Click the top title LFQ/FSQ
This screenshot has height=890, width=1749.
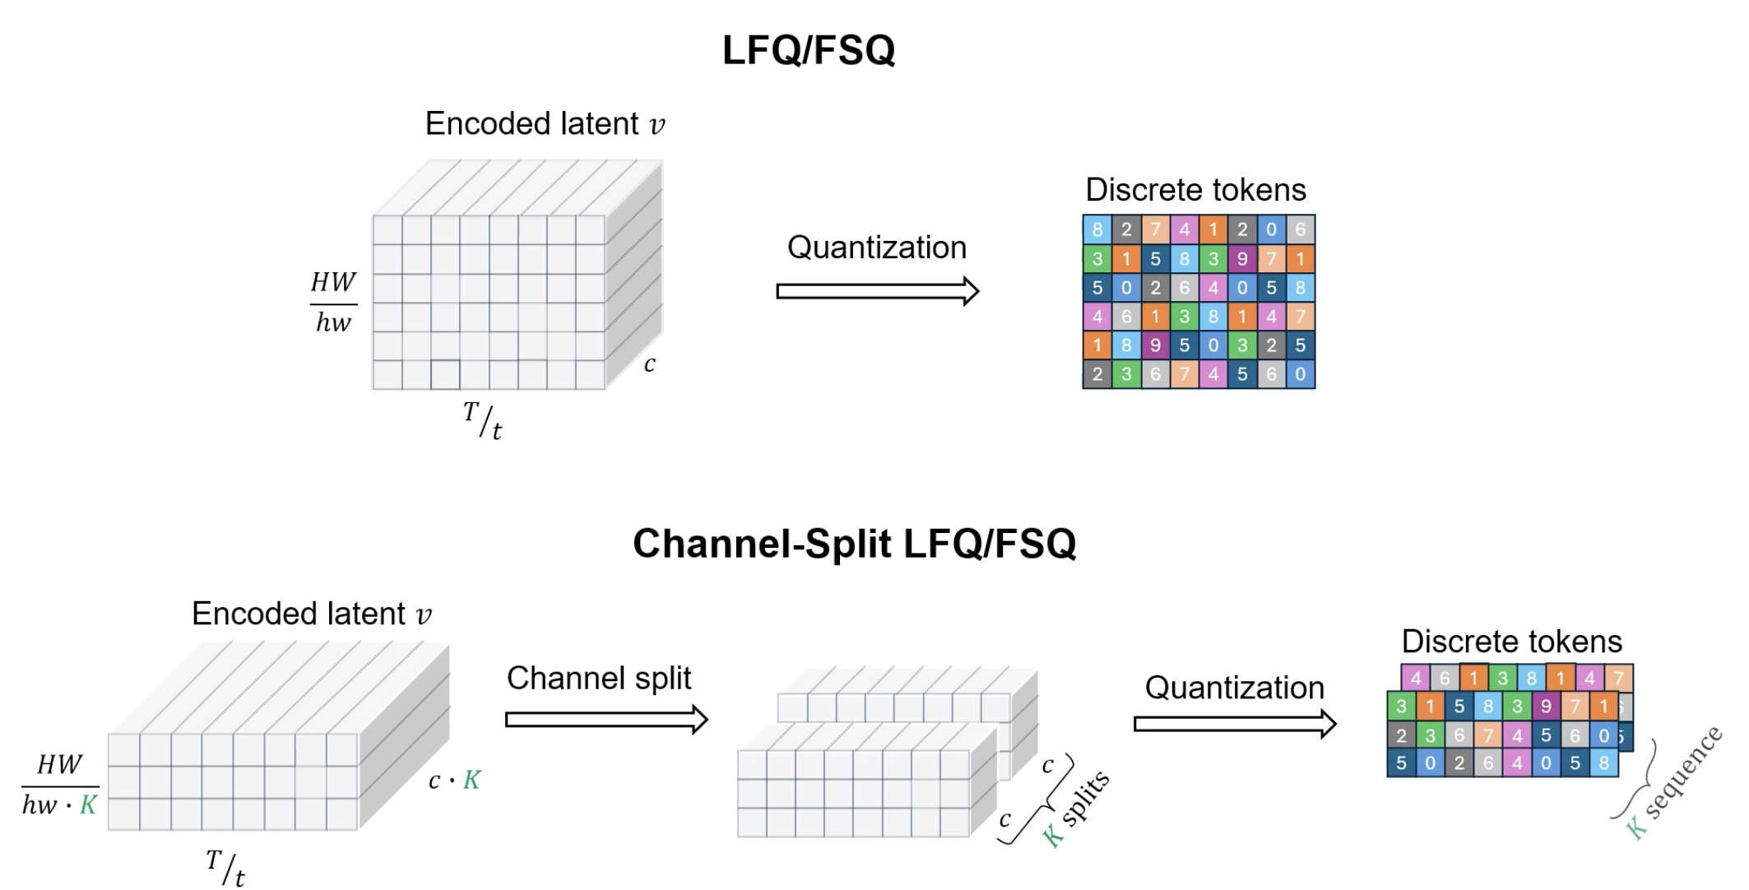(x=808, y=50)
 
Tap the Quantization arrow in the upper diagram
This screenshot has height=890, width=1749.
(x=877, y=291)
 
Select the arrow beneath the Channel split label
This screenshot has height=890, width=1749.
(x=606, y=720)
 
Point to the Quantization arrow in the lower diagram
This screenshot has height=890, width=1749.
(x=1234, y=724)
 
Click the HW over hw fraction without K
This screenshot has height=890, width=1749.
(x=333, y=303)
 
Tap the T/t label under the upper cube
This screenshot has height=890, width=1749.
(x=483, y=420)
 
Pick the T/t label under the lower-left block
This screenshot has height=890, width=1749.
(x=225, y=869)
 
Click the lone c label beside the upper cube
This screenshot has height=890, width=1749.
(x=650, y=364)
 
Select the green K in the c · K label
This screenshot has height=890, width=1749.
(x=471, y=780)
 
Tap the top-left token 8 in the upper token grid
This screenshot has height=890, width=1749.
(x=1097, y=229)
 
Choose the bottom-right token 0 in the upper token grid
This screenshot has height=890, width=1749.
(x=1300, y=374)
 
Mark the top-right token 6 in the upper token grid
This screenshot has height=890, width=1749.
(x=1300, y=229)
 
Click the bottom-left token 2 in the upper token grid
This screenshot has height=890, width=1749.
(x=1097, y=374)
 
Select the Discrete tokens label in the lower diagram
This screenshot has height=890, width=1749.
(x=1511, y=641)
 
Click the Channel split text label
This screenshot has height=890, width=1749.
(x=598, y=679)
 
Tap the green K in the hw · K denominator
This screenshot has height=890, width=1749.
(x=88, y=805)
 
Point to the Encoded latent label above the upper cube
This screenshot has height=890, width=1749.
(x=545, y=124)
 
